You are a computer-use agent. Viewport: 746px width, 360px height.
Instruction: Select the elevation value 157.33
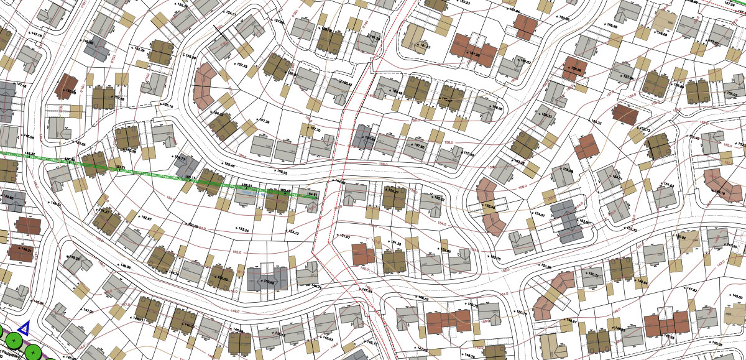click(x=240, y=65)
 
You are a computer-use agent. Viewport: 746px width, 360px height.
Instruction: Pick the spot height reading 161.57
click(x=423, y=48)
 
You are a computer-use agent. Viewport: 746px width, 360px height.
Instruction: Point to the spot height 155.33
click(x=595, y=122)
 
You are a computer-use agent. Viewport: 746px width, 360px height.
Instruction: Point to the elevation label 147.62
click(x=689, y=289)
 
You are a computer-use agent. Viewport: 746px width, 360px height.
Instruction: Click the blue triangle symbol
click(x=24, y=328)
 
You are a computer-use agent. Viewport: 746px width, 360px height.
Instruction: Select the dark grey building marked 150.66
click(x=267, y=278)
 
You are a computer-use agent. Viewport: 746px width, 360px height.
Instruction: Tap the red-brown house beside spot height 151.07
click(x=362, y=253)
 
